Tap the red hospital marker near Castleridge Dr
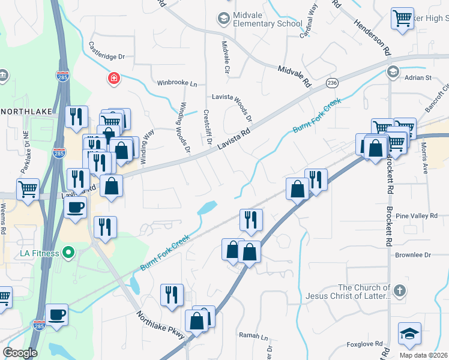(113, 78)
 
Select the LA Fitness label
(40, 253)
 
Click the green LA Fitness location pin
(69, 253)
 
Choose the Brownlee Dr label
(414, 255)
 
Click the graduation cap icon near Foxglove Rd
(410, 334)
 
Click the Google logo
(20, 352)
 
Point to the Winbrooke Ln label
(177, 83)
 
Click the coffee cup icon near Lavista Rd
(76, 207)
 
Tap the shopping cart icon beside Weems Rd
(28, 189)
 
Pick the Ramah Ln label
(253, 336)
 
